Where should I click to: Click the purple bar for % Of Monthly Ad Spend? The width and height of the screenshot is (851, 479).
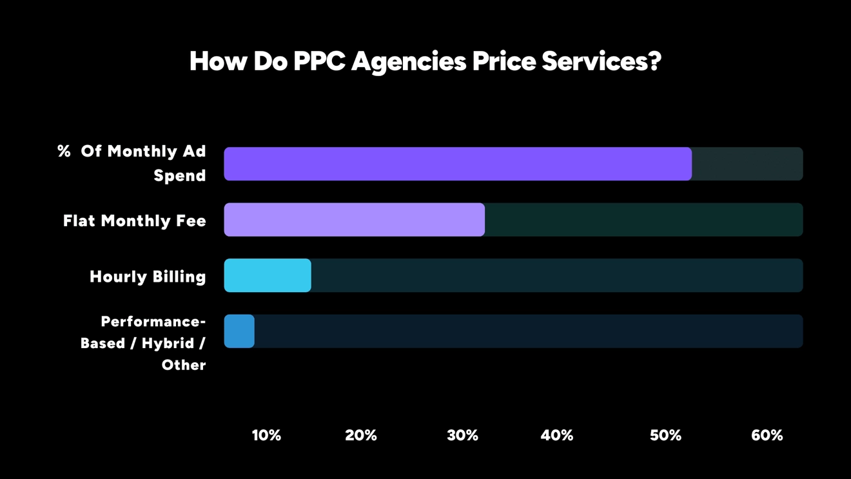point(458,164)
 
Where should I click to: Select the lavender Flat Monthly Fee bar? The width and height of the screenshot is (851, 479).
point(354,220)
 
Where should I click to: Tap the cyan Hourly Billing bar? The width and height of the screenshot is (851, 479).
point(268,275)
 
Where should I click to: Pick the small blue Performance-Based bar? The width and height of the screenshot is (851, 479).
point(239,331)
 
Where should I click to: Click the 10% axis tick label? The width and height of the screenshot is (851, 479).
point(266,435)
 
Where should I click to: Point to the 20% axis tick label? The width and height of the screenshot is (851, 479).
point(361,435)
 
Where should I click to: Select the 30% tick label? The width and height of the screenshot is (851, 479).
point(463,435)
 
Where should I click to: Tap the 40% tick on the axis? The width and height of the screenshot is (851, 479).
point(557,435)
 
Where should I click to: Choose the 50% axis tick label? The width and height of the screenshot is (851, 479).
point(665,435)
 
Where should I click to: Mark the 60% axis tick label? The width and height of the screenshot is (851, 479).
point(767,435)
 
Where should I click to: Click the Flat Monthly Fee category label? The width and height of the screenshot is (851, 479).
point(135,220)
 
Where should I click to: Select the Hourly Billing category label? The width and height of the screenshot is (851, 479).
point(148,277)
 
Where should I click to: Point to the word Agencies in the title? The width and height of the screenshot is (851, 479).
point(409,61)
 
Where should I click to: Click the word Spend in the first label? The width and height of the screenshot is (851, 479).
point(180,175)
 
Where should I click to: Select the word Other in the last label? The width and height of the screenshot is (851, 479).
point(184,365)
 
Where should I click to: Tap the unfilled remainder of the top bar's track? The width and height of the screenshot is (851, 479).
point(747,164)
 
